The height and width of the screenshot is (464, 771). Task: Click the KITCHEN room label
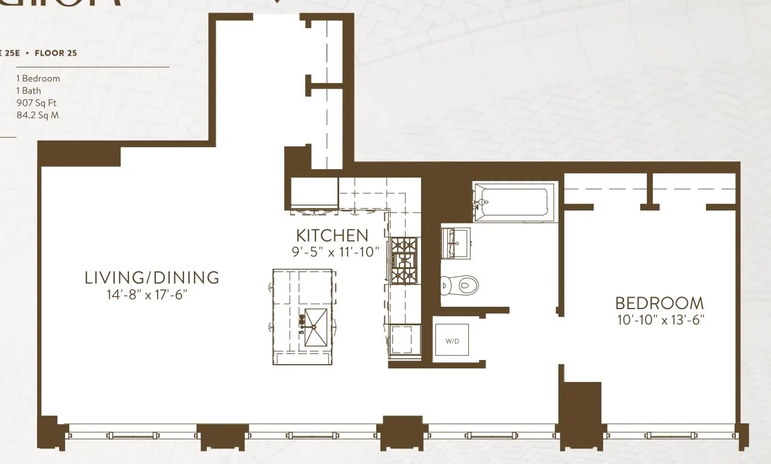(x=332, y=235)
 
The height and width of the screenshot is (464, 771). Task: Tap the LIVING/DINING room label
(x=152, y=277)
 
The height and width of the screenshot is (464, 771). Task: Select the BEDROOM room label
(x=659, y=303)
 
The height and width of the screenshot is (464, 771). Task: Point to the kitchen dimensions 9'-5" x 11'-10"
(x=336, y=252)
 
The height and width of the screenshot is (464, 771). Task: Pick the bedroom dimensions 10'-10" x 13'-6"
(x=661, y=320)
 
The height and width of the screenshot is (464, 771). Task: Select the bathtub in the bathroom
(x=513, y=202)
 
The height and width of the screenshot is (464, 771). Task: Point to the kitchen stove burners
(x=404, y=260)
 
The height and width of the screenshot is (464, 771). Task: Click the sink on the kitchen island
(x=315, y=327)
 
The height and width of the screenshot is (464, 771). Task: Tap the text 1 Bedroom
(x=38, y=78)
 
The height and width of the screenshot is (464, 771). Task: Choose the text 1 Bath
(x=29, y=91)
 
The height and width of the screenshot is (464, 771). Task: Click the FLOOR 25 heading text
(x=56, y=53)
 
